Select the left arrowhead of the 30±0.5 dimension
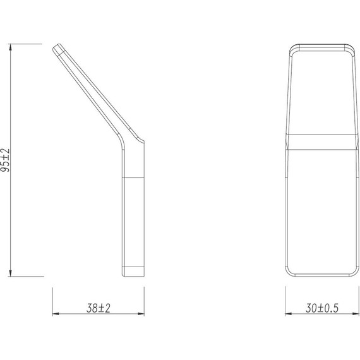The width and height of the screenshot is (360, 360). click(287, 315)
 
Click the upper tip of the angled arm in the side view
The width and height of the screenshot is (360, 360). click(59, 48)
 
